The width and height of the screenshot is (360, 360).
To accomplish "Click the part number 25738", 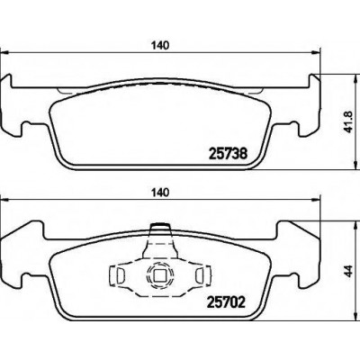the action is [x=229, y=154].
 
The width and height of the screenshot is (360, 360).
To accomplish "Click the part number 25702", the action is [x=227, y=302].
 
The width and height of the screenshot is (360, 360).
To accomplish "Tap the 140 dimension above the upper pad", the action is [x=159, y=45].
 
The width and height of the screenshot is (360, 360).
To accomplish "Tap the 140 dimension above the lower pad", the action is [x=159, y=193].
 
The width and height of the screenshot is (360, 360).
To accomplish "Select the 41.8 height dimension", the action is [x=347, y=121].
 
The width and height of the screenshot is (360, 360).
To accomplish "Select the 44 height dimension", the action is [x=347, y=271].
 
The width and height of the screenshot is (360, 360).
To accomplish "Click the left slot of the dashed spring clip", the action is [x=120, y=274].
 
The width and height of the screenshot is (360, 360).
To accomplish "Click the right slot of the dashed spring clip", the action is [x=200, y=274].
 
